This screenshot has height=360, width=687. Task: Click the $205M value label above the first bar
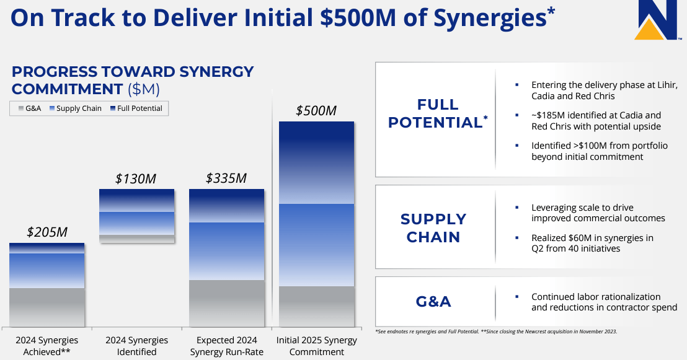tap(47, 232)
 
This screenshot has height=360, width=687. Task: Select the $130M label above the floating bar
tap(136, 179)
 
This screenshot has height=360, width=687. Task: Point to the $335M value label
tap(226, 178)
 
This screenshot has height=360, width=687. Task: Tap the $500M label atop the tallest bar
tap(316, 111)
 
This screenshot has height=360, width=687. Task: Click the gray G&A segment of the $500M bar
tap(316, 306)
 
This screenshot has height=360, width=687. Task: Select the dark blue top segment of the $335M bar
tap(226, 205)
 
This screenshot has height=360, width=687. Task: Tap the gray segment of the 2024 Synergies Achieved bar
tap(47, 307)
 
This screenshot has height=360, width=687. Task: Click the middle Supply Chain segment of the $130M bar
tap(136, 223)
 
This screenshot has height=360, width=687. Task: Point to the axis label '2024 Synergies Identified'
tap(136, 346)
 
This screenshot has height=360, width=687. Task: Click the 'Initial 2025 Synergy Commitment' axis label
tap(316, 346)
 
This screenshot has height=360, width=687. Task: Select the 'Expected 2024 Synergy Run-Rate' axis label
tap(226, 346)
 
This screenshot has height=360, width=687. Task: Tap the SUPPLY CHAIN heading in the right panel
tap(433, 228)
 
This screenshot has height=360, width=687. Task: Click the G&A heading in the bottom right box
tap(433, 302)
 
